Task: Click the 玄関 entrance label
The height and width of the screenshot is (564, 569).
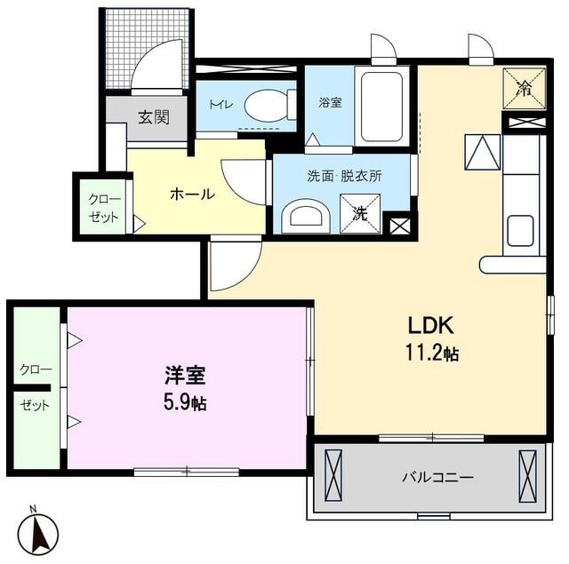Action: point(154,117)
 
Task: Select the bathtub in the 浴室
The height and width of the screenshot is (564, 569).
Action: point(382,107)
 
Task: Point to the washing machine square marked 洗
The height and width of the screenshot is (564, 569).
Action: point(360,214)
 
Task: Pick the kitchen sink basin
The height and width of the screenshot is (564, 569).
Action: point(520,231)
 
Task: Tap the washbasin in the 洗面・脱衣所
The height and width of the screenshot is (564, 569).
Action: point(306,218)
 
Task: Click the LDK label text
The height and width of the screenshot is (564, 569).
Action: point(430,325)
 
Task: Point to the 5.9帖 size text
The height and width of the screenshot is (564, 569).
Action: point(185,402)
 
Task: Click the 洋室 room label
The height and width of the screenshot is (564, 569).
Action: point(186,375)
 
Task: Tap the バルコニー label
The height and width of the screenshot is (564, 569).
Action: point(437,477)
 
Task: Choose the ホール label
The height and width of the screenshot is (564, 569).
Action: point(193,195)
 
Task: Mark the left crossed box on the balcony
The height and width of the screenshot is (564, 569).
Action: point(333,475)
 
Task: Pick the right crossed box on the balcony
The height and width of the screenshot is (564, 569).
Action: point(527,475)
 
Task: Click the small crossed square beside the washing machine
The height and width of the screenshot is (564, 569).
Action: point(399,226)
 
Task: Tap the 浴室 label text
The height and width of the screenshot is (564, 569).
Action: point(330,102)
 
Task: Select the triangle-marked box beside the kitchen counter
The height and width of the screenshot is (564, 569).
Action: point(482,152)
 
